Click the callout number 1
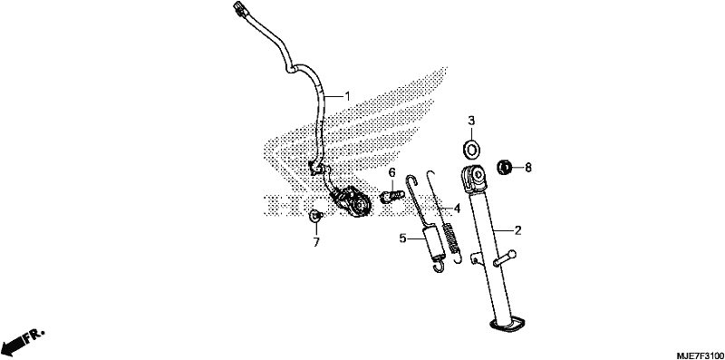(347, 96)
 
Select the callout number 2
(517, 230)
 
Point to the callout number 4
(457, 209)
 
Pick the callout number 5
(402, 238)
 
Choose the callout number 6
(392, 173)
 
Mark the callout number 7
(316, 242)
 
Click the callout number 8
(528, 168)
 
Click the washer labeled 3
(471, 149)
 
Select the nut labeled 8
(504, 167)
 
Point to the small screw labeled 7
(314, 215)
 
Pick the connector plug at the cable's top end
(239, 9)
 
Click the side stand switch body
(353, 201)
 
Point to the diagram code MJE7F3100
(700, 355)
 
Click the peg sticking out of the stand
(505, 258)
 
